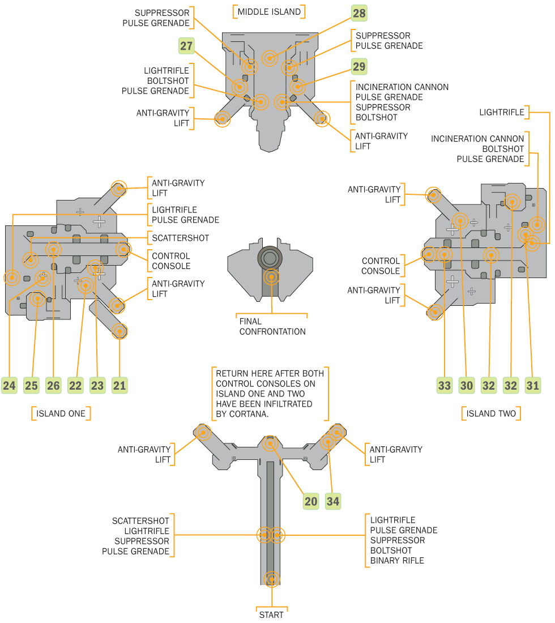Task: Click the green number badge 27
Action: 187,46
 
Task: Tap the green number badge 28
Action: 359,12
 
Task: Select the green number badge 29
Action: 359,67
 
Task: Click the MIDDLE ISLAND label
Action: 269,11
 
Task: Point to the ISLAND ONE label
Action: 61,413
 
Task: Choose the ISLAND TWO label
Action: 491,413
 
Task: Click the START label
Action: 271,615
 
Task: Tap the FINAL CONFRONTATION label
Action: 272,326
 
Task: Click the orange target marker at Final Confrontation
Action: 272,277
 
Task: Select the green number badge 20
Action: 311,501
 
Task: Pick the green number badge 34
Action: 333,501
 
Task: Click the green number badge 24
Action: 9,386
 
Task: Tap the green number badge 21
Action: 119,386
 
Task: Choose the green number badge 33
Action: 445,386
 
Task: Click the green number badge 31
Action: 533,386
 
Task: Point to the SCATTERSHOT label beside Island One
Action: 180,238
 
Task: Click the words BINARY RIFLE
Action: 397,561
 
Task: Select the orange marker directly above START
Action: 272,578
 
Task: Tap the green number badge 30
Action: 467,386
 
